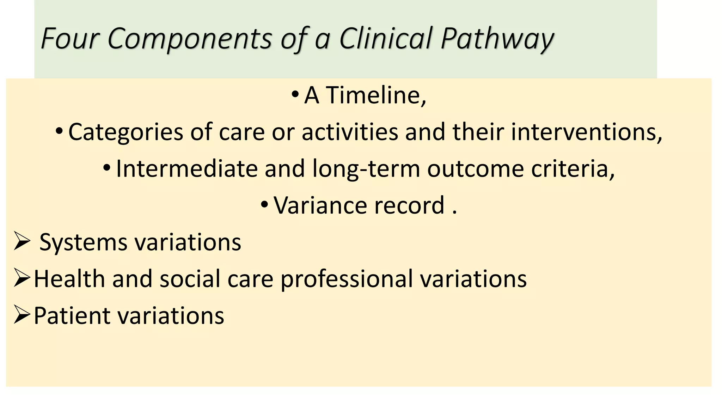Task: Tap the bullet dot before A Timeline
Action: [x=295, y=94]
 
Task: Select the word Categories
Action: [x=126, y=133]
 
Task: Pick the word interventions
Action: [x=587, y=132]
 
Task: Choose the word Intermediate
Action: [x=186, y=168]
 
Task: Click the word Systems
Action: [x=83, y=242]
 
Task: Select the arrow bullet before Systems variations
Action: [x=21, y=242]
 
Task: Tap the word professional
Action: [x=347, y=279]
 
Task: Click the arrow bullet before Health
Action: [x=21, y=278]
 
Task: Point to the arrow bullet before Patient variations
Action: [x=21, y=315]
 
